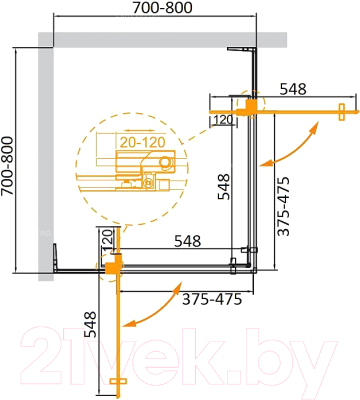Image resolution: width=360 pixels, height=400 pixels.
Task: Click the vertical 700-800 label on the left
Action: (x=10, y=159)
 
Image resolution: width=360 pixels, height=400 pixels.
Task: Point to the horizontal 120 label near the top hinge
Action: (x=222, y=119)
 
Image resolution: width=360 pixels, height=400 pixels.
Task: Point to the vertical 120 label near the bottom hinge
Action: (x=104, y=241)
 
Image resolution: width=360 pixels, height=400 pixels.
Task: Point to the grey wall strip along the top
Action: (x=150, y=38)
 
